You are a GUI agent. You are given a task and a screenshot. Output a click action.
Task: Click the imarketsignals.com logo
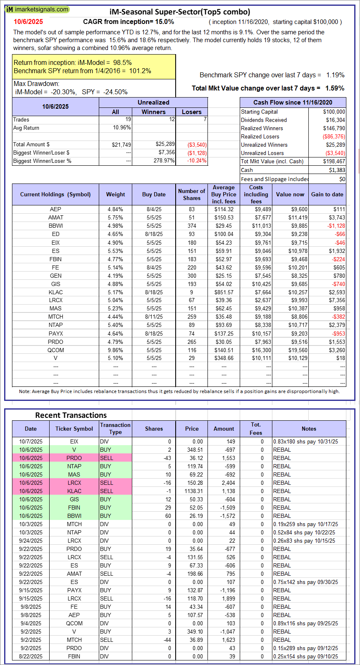pyautogui.click(x=37, y=9)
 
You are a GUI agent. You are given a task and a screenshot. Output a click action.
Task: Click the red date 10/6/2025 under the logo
pyautogui.click(x=28, y=22)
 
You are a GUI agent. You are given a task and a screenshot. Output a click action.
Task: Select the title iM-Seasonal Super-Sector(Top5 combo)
pyautogui.click(x=180, y=12)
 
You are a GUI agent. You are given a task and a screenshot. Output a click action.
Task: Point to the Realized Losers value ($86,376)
pyautogui.click(x=334, y=137)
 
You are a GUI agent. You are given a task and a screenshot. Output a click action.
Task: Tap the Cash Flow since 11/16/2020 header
pyautogui.click(x=293, y=102)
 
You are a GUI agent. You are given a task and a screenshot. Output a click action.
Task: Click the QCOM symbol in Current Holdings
pyautogui.click(x=55, y=350)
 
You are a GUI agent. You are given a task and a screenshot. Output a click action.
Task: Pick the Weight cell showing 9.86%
pyautogui.click(x=115, y=350)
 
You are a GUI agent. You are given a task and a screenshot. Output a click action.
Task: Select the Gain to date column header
pyautogui.click(x=327, y=194)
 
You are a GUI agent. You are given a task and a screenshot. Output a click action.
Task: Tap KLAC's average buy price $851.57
pyautogui.click(x=224, y=292)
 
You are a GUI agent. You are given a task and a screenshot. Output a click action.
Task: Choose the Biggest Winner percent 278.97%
pyautogui.click(x=164, y=161)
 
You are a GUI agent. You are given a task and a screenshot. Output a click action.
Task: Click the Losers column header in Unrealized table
pyautogui.click(x=191, y=112)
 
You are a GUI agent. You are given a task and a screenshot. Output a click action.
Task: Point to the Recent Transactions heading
pyautogui.click(x=71, y=415)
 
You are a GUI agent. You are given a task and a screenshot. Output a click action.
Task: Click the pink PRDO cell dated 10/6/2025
pyautogui.click(x=74, y=458)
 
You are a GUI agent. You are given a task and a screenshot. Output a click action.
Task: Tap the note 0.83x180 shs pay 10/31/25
pyautogui.click(x=305, y=441)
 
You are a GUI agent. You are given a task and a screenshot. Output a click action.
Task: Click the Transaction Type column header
pyautogui.click(x=115, y=429)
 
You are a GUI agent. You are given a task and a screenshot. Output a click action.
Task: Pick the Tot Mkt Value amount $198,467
pyautogui.click(x=334, y=162)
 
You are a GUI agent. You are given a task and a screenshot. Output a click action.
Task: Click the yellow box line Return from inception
pyautogui.click(x=73, y=63)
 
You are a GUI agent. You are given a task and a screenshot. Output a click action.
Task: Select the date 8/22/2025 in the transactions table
pyautogui.click(x=31, y=656)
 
